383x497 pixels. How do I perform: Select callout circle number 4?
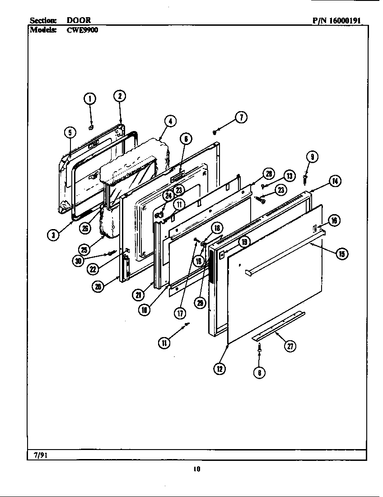[x=170, y=121]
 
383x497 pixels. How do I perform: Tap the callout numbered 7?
[x=241, y=117]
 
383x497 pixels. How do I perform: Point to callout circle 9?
[x=311, y=157]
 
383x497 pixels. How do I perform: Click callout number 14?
[x=335, y=182]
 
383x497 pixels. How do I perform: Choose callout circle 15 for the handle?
[x=341, y=254]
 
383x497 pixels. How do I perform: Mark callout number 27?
[x=289, y=347]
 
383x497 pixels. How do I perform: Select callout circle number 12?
[x=219, y=369]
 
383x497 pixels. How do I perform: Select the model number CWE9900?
[x=83, y=30]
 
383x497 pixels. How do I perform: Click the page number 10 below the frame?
[x=196, y=469]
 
